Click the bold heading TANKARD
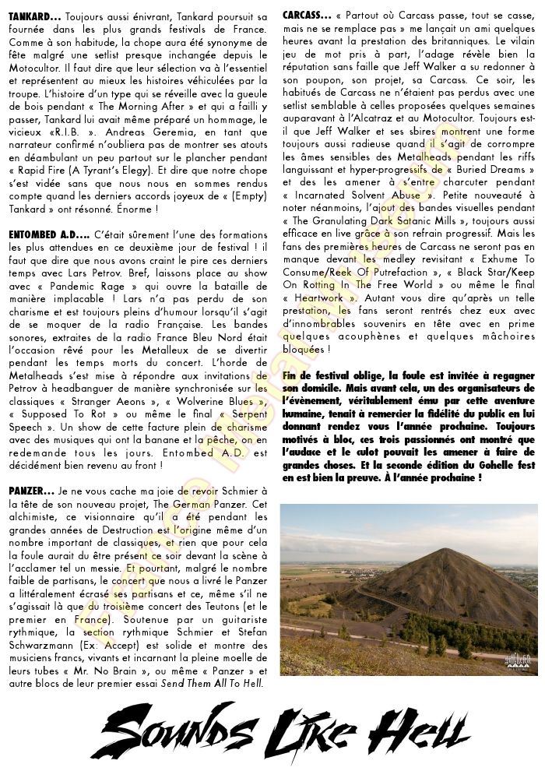click(x=31, y=16)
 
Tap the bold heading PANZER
click(x=29, y=491)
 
